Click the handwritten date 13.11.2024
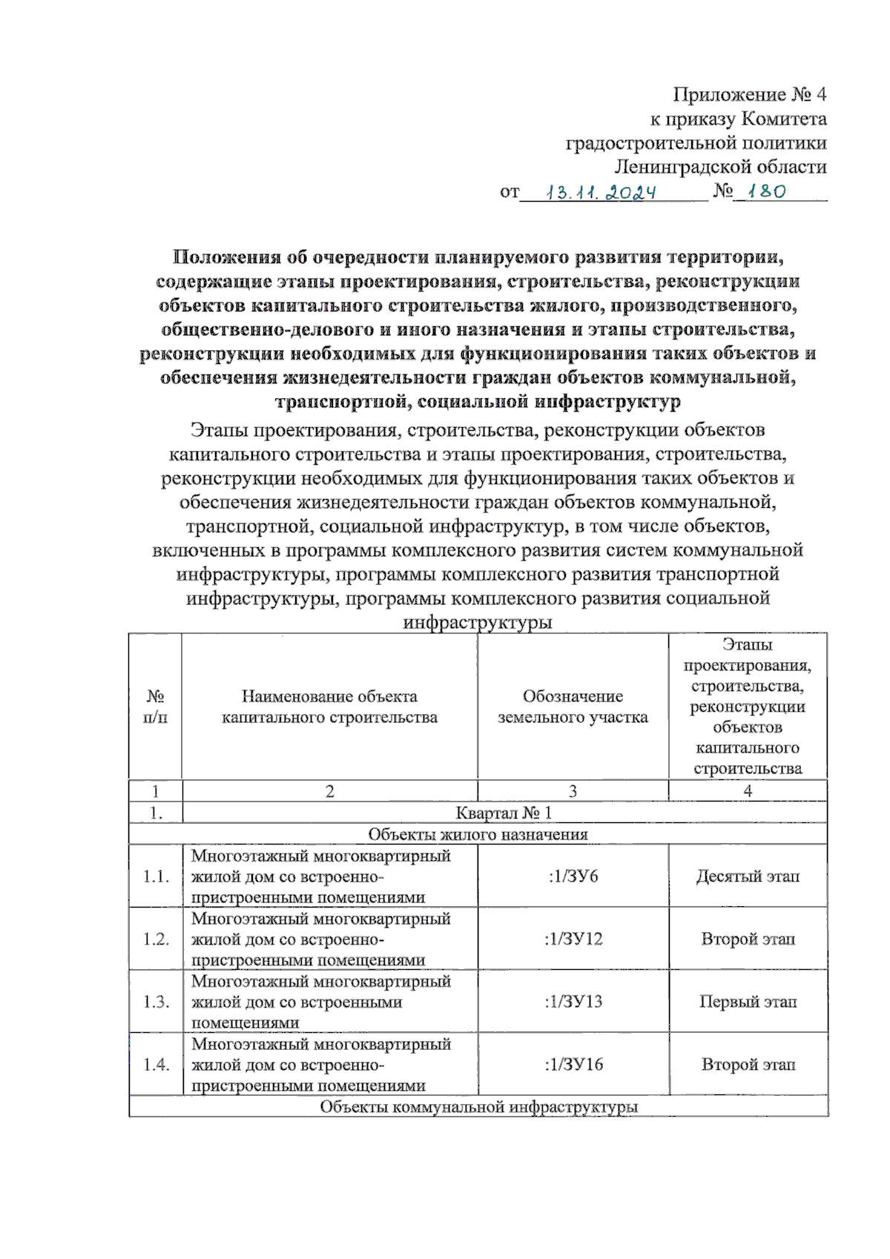pos(601,193)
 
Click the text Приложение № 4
pos(749,94)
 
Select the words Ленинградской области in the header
pos(720,167)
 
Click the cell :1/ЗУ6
pos(573,876)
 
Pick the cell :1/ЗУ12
pos(573,939)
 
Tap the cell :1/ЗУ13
pos(573,1002)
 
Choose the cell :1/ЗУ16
pos(573,1065)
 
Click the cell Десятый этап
pos(748,876)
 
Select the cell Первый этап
pos(748,1002)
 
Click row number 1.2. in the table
pos(156,939)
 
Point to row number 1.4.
pos(156,1065)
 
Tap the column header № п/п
pos(155,707)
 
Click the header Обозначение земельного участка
pos(573,707)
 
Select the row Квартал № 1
pos(504,813)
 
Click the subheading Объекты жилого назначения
pos(478,834)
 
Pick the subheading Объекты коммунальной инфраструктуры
pos(478,1107)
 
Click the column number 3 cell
pos(573,791)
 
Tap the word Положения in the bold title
pos(226,257)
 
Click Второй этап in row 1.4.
pos(748,1065)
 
